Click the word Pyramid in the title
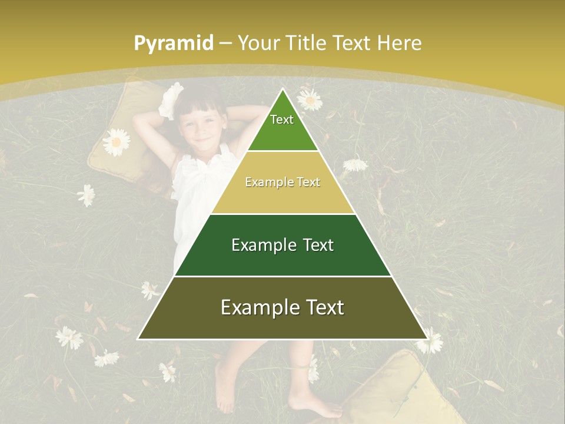[x=173, y=44]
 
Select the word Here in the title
[x=399, y=43]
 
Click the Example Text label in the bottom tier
[x=282, y=307]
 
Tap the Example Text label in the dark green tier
[x=282, y=245]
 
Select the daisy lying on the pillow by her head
[x=116, y=142]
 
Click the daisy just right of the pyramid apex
[x=310, y=100]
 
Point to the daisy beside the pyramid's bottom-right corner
[x=431, y=341]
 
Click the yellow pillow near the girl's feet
[x=400, y=389]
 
